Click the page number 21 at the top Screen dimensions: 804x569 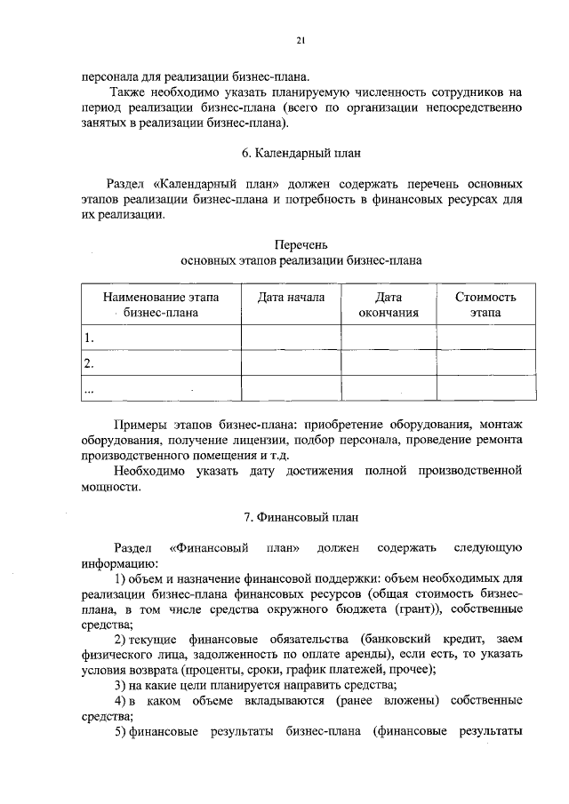301,40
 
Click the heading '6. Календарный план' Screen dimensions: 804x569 301,152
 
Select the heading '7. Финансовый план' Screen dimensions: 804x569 301,516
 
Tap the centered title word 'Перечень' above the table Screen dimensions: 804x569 301,243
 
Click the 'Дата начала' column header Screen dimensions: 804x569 291,298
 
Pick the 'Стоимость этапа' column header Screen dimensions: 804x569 485,305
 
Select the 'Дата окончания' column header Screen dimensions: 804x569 389,305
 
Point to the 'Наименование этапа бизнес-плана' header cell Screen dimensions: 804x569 161,305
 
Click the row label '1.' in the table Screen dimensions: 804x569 89,338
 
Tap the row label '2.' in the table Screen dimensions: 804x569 89,363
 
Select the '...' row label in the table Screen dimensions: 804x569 89,388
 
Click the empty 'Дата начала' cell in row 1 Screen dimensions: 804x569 291,338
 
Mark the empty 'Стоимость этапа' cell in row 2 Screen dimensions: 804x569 485,363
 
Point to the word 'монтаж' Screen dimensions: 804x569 499,424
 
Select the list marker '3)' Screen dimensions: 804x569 122,685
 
